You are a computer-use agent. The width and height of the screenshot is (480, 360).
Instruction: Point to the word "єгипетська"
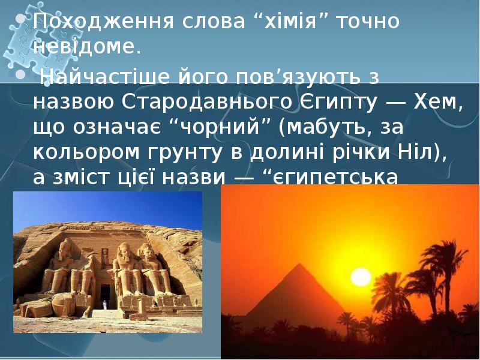[343, 179]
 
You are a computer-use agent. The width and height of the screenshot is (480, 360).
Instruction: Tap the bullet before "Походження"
[20, 20]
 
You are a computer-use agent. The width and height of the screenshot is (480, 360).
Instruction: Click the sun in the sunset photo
[361, 277]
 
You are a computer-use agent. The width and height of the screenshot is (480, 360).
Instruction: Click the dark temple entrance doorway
[106, 295]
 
